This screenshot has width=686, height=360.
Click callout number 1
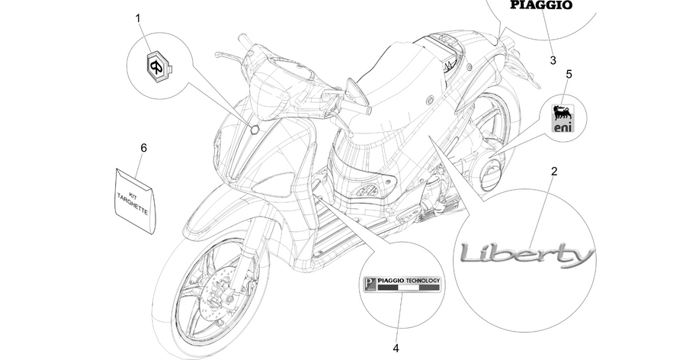click(x=138, y=18)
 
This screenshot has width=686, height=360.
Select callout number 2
click(x=554, y=172)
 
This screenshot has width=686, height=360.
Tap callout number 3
click(x=553, y=60)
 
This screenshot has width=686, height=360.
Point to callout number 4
click(x=396, y=348)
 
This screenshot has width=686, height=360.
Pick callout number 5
click(x=569, y=74)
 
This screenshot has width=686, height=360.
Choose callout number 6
click(x=143, y=148)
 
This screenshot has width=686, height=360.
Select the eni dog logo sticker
click(x=563, y=118)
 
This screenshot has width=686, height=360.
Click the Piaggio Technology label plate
click(x=402, y=284)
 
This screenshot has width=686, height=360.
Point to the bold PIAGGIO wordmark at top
click(x=541, y=5)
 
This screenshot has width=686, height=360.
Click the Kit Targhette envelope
click(x=135, y=199)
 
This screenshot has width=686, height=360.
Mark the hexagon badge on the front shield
click(x=255, y=129)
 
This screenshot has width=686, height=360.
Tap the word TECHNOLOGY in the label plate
click(x=422, y=281)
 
